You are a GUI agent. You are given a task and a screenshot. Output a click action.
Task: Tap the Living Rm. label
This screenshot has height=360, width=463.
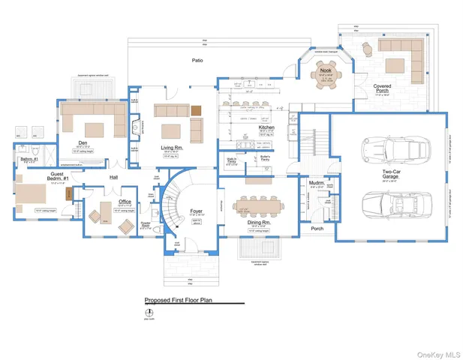pyautogui.click(x=172, y=148)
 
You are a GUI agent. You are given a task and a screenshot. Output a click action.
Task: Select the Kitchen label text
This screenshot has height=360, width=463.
pyautogui.click(x=266, y=127)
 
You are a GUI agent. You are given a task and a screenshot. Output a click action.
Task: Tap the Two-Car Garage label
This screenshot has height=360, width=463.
pyautogui.click(x=389, y=175)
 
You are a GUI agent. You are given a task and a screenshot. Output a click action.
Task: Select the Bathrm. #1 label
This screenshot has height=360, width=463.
pyautogui.click(x=29, y=159)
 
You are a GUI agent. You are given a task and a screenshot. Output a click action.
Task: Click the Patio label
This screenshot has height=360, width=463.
pyautogui.click(x=197, y=59)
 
